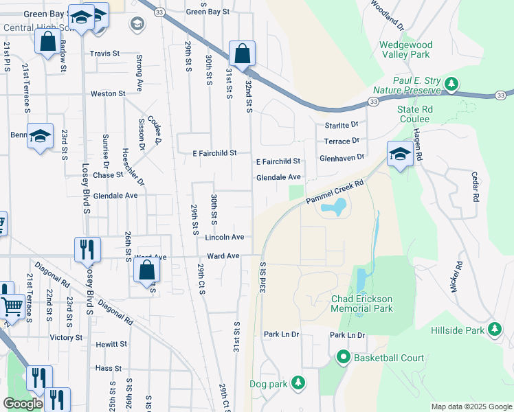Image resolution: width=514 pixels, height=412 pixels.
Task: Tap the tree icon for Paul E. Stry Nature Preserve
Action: [x=451, y=84]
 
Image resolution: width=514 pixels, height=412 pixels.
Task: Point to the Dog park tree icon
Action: [x=298, y=383]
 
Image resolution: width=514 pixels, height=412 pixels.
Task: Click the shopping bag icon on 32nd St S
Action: [x=242, y=53]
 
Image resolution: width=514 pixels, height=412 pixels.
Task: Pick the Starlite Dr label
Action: [x=342, y=125]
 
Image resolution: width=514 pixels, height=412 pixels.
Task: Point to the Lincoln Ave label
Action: [x=224, y=237]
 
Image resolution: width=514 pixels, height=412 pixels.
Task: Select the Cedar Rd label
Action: [x=474, y=186]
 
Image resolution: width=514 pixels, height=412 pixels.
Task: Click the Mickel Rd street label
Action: [x=456, y=275]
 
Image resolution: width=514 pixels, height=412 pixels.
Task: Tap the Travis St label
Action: [x=104, y=53]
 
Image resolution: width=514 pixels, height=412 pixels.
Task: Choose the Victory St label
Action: [x=66, y=338]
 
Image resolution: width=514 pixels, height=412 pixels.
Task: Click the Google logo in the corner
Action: [x=24, y=404]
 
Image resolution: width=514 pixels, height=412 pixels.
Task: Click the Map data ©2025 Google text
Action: [x=471, y=407]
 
